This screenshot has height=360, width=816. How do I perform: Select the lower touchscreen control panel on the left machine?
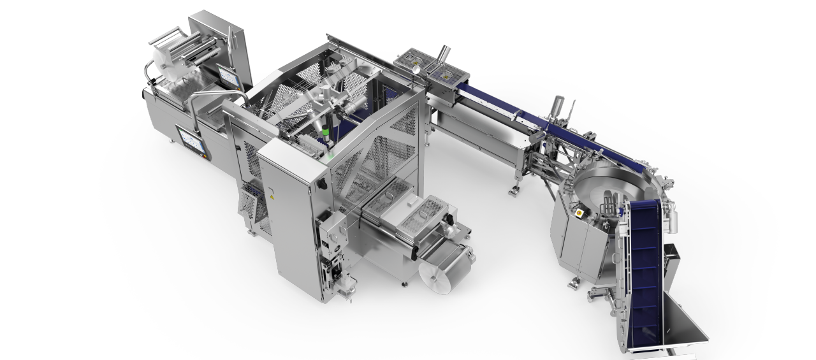pyautogui.click(x=191, y=140)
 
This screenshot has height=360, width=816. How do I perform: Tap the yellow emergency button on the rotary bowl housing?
pyautogui.click(x=579, y=211)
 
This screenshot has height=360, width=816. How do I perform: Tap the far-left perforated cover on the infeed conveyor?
pyautogui.click(x=411, y=61)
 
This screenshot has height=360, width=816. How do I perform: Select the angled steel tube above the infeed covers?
pyautogui.click(x=442, y=54)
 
